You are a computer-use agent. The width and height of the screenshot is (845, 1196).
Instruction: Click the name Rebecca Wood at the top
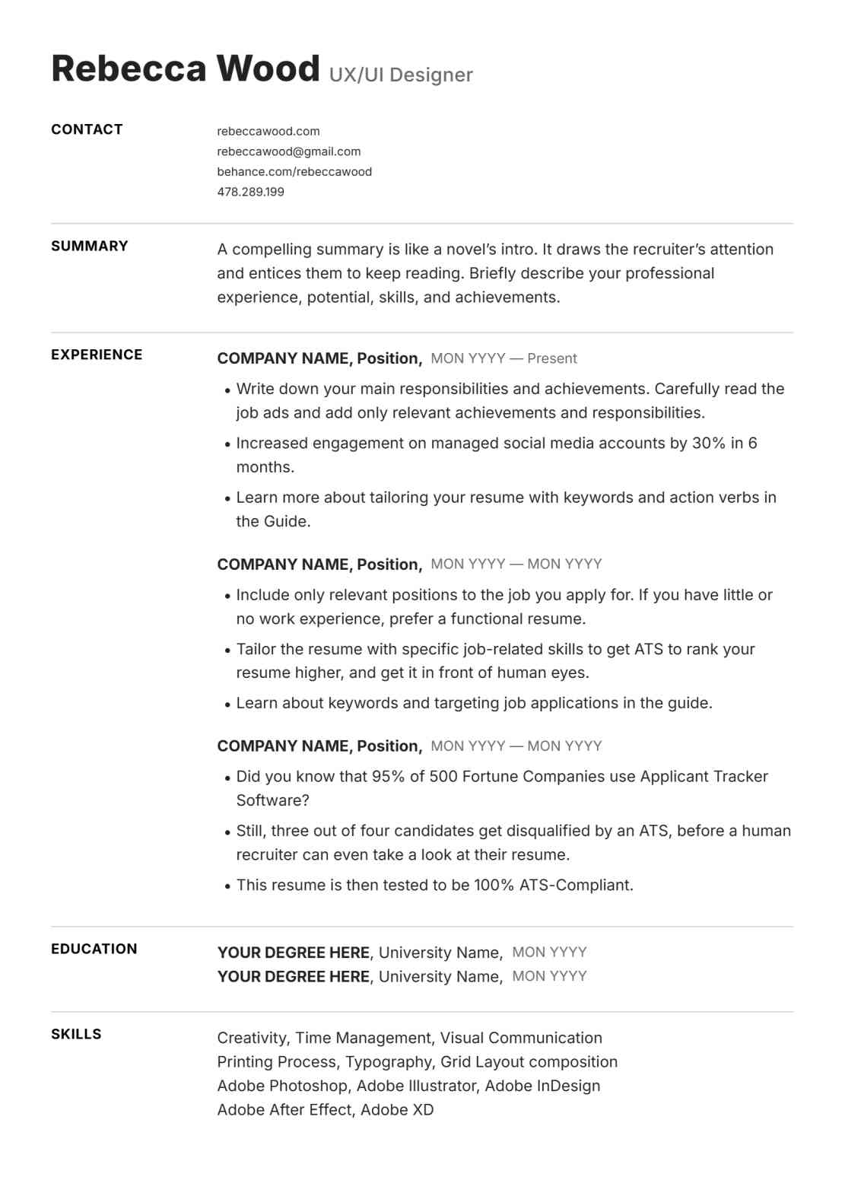[185, 68]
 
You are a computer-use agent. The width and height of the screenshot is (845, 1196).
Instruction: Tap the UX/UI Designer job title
[401, 75]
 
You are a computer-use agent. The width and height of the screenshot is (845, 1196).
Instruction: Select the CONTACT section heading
[87, 129]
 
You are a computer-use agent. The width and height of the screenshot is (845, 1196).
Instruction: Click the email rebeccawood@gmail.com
[288, 151]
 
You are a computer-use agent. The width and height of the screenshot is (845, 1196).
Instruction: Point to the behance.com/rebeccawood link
[294, 171]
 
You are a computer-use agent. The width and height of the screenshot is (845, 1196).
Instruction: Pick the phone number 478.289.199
[250, 192]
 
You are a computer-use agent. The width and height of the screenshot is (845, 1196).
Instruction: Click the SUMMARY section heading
[90, 246]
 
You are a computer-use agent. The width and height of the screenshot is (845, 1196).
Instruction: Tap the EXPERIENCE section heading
[97, 355]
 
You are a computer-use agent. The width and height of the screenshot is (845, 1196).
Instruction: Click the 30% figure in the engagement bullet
[708, 443]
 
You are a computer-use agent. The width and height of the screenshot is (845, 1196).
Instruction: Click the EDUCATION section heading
[94, 949]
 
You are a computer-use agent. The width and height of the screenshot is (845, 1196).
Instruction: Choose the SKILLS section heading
[76, 1034]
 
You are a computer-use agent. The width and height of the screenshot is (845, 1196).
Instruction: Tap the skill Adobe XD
[397, 1109]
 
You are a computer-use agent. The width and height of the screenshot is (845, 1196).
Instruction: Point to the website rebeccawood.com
[268, 131]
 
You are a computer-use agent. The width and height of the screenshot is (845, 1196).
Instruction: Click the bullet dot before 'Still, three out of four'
[227, 832]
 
